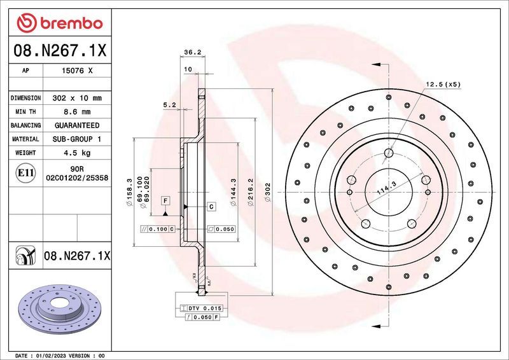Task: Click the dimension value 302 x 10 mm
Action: click(77, 99)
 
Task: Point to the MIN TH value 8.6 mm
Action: click(77, 112)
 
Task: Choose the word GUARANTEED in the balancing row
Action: click(77, 125)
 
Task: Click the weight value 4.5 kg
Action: click(77, 153)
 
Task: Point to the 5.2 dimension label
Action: click(169, 105)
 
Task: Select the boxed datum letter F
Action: click(165, 200)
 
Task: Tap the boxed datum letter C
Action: click(211, 207)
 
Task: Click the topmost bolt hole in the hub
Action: click(389, 152)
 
